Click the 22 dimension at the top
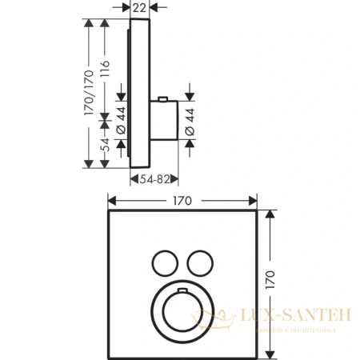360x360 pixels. (x=140, y=7)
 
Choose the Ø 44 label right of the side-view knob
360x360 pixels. (x=196, y=120)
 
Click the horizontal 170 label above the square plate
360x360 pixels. (x=182, y=202)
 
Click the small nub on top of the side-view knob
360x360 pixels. (x=163, y=99)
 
